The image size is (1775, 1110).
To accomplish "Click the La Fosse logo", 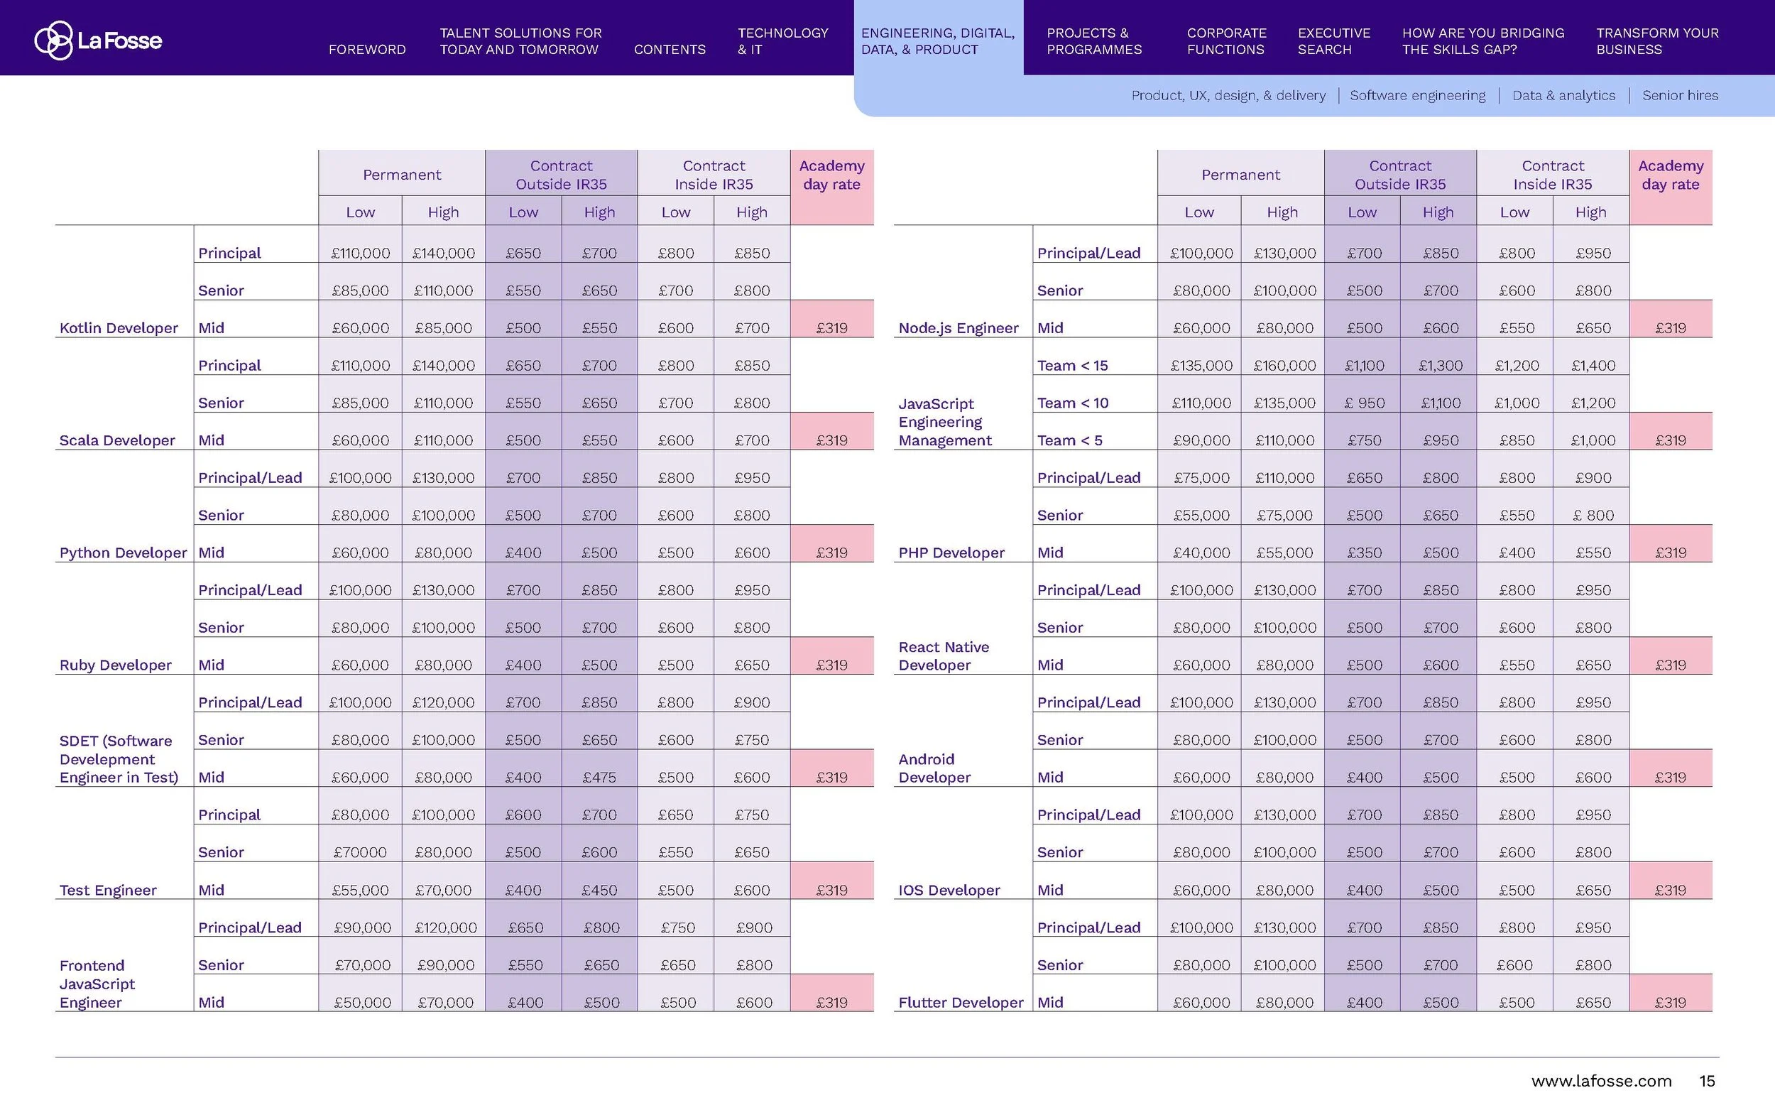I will click(98, 40).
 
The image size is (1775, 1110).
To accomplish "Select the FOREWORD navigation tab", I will click(367, 49).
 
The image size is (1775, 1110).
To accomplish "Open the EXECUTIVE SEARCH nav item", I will click(1333, 41).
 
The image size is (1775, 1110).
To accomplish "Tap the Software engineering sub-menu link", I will click(1417, 95).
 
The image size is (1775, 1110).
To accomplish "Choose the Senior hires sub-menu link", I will click(1680, 95).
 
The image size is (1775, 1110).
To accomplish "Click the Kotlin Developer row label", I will click(118, 328).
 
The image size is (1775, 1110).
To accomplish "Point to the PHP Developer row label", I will click(951, 553).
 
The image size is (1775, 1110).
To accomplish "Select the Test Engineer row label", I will click(108, 890).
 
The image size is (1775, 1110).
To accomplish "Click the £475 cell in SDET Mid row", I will click(599, 778).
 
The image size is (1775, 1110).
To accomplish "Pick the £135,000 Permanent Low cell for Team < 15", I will click(1201, 366).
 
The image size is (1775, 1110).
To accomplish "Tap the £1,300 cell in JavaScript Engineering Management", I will click(1440, 366).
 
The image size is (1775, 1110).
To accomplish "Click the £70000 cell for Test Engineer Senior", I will click(359, 852).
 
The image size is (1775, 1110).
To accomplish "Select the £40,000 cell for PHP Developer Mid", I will click(1201, 553).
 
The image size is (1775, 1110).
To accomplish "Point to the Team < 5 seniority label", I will click(1069, 440).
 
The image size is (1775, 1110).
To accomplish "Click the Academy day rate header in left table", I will click(831, 175).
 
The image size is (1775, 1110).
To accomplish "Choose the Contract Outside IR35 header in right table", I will click(1399, 175).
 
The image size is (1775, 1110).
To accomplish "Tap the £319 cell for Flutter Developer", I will click(1670, 1002).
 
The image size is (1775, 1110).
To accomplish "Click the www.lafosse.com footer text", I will click(1601, 1081).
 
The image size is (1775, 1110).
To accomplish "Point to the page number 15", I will click(1707, 1081).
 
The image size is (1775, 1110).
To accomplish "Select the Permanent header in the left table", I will click(401, 175).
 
